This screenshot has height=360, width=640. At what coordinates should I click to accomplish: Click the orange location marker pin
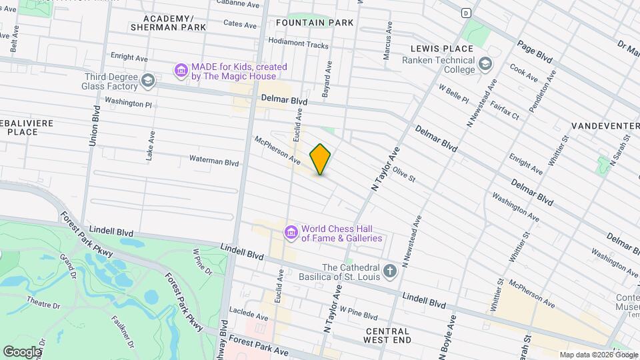click(x=321, y=159)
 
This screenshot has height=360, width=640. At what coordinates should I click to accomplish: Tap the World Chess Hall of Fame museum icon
click(x=291, y=232)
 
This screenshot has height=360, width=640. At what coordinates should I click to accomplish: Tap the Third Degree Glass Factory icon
click(x=148, y=81)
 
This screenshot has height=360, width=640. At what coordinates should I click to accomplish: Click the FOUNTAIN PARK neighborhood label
click(x=314, y=23)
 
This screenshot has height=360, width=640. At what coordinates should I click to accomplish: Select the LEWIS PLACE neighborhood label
click(x=441, y=49)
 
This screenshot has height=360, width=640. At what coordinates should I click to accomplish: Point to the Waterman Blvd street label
click(x=214, y=162)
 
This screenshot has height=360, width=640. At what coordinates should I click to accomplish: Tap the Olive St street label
click(x=404, y=175)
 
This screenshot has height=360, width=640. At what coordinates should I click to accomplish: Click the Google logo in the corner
click(x=22, y=351)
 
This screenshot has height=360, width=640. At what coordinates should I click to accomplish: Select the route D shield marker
click(x=465, y=12)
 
